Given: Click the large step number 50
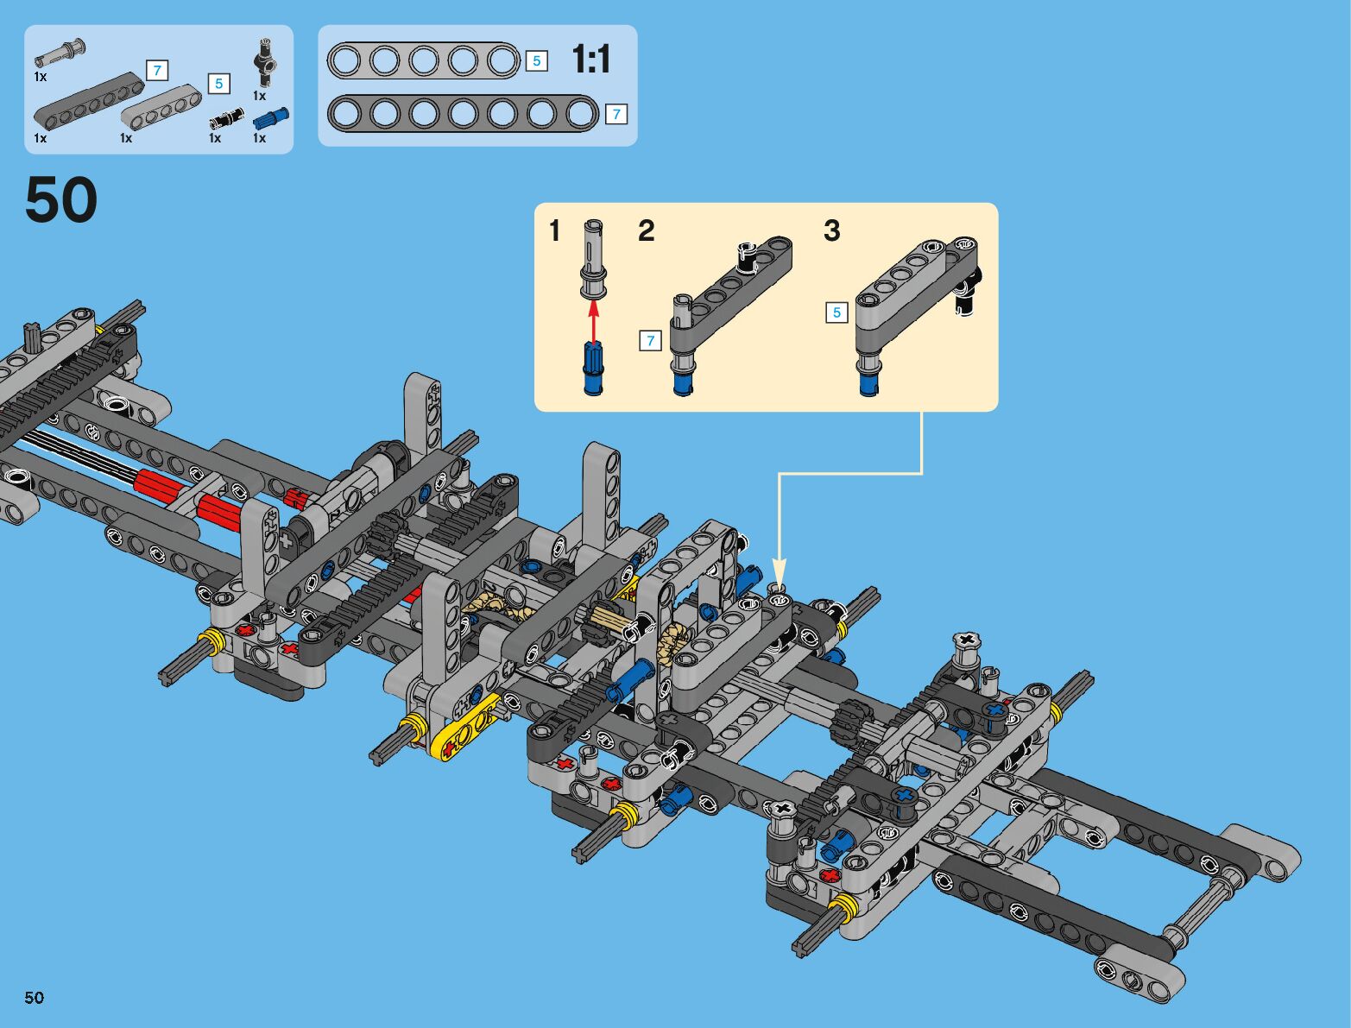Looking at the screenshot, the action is [61, 199].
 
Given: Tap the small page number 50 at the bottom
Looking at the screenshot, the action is [35, 997].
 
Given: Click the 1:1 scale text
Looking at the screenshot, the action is [590, 60].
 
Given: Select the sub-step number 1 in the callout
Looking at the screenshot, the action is [554, 231].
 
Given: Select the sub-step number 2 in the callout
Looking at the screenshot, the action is [647, 231].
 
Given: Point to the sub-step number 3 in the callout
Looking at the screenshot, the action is [831, 231].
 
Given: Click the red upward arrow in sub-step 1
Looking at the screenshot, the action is [593, 320].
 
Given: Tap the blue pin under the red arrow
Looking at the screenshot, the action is [593, 369].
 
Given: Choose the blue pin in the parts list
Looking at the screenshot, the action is [271, 118].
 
